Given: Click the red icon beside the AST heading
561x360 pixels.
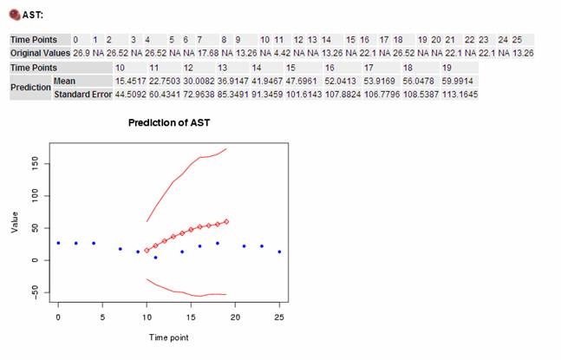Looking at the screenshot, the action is coord(15,15).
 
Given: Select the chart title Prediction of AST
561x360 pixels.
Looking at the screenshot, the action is coord(169,122).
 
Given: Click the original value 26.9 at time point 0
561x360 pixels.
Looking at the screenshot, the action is coord(82,53).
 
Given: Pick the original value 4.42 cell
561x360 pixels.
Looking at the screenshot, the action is coord(283,53).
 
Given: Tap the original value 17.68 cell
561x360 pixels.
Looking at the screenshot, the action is coord(208,53).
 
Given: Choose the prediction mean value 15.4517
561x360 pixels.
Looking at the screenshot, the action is coord(130,82).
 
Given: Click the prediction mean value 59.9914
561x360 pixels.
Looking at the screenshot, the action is coord(457,82).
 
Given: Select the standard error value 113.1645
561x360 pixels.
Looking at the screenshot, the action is coord(460,95).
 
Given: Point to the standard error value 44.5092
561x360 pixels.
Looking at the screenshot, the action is coord(130,95).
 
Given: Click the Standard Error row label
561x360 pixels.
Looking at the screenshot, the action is coord(82,95).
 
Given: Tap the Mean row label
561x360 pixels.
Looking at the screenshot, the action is coord(64,82).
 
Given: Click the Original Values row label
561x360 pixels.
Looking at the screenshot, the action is coord(40,53).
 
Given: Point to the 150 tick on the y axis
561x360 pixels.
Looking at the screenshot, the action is coord(35,164).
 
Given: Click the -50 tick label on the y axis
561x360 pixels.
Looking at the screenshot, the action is coord(35,291).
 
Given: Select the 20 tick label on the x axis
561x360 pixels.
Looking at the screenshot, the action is coord(235,317).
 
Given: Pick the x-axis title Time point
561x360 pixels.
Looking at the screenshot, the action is coord(168,337).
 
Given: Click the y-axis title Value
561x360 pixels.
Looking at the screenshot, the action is coord(15,222).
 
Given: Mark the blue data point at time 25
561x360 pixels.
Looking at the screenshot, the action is coord(279,252).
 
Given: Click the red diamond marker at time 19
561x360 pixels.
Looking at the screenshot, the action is coord(226,222).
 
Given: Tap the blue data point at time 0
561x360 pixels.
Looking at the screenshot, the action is coord(58,244).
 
